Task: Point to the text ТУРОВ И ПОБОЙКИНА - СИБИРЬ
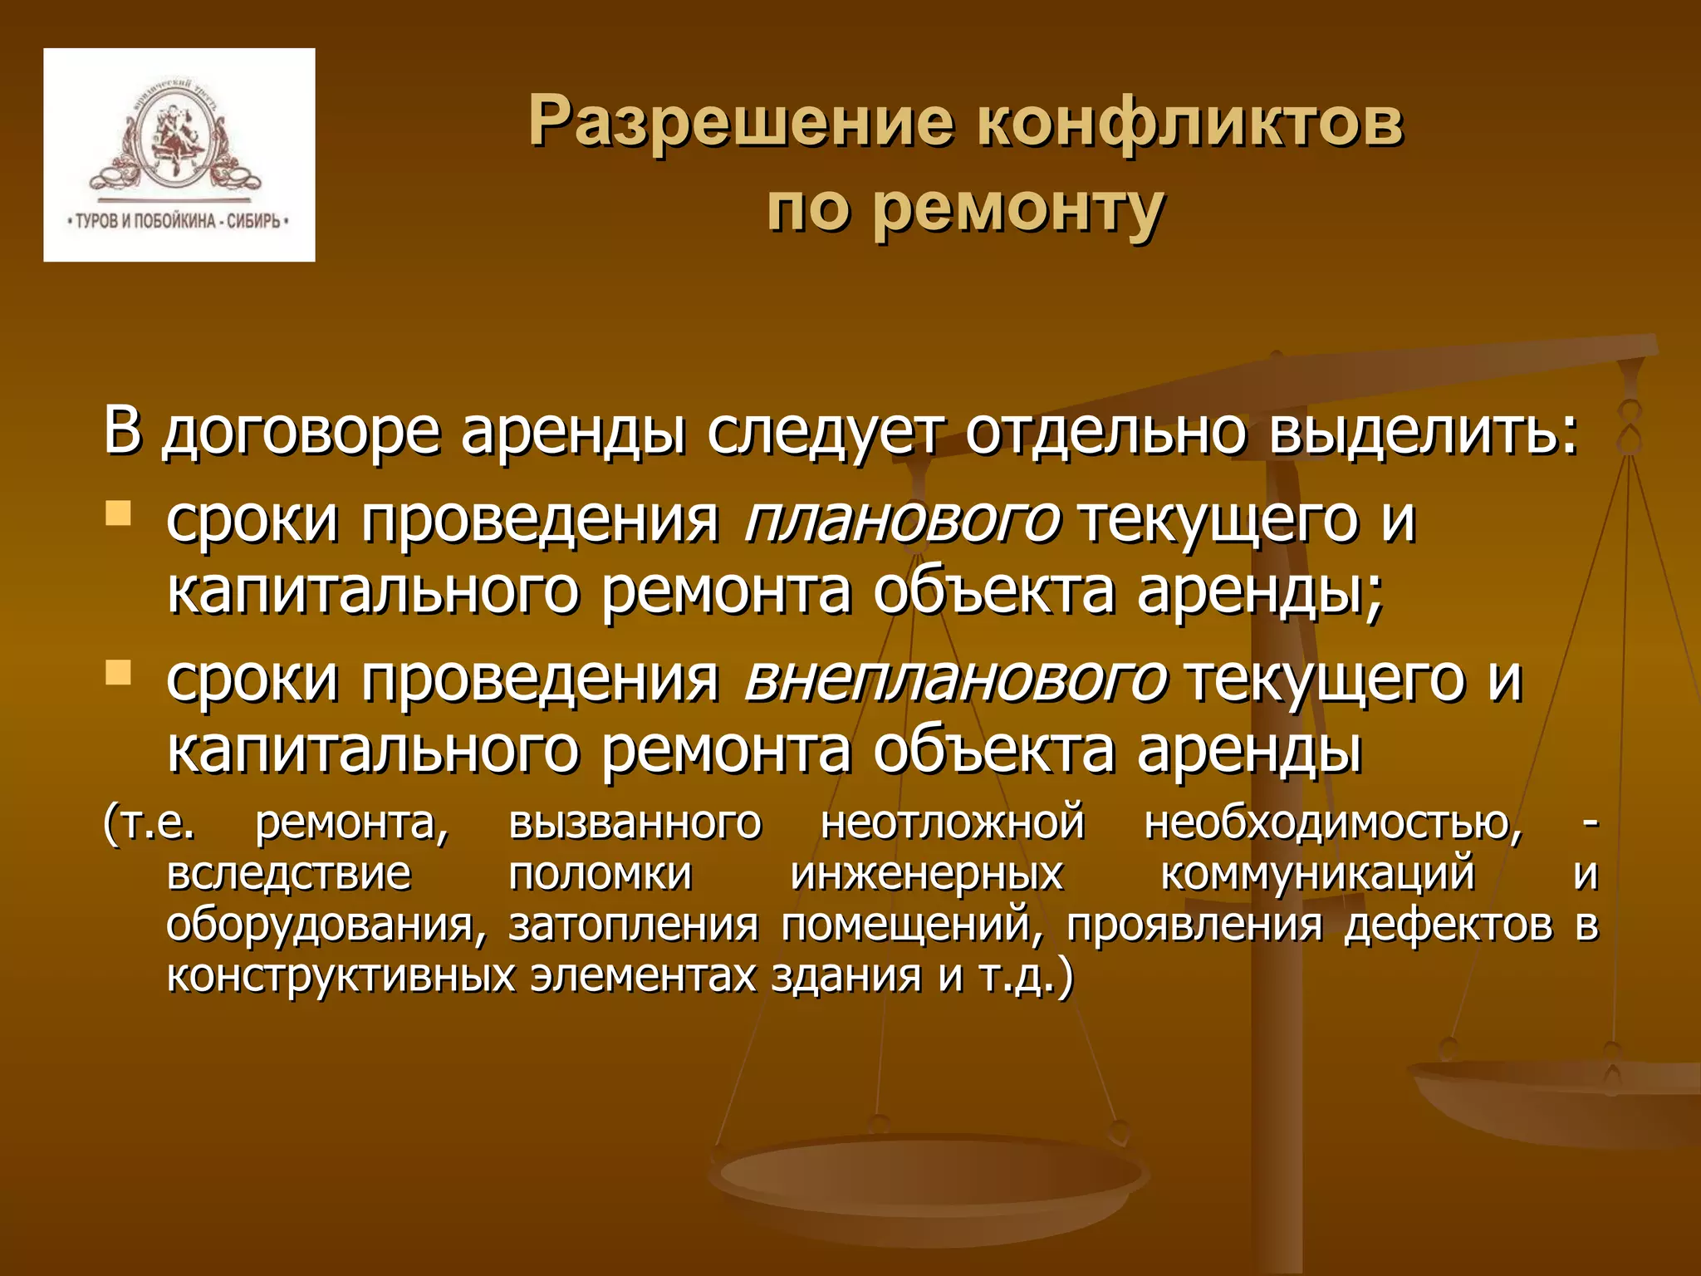(x=178, y=221)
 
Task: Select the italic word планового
(x=902, y=520)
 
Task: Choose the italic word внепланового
(x=955, y=679)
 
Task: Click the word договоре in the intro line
(x=300, y=432)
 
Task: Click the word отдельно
(x=1105, y=432)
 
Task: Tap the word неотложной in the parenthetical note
(x=953, y=822)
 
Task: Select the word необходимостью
(x=1333, y=822)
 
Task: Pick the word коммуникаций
(x=1317, y=874)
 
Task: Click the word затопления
(x=634, y=925)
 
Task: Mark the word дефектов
(x=1449, y=925)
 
